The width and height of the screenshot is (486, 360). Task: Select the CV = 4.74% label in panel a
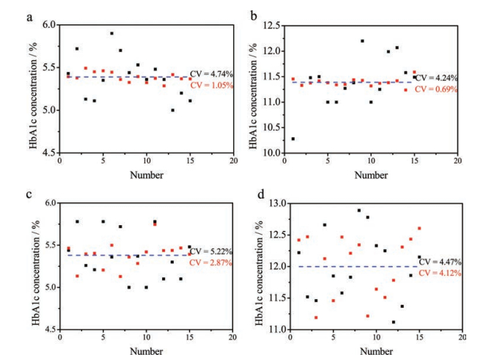(213, 73)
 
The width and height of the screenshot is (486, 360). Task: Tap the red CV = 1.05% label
(213, 85)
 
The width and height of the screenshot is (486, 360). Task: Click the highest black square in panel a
(111, 33)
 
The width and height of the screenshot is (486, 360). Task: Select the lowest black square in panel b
(293, 139)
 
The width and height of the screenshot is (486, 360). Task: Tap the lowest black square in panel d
(393, 322)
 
